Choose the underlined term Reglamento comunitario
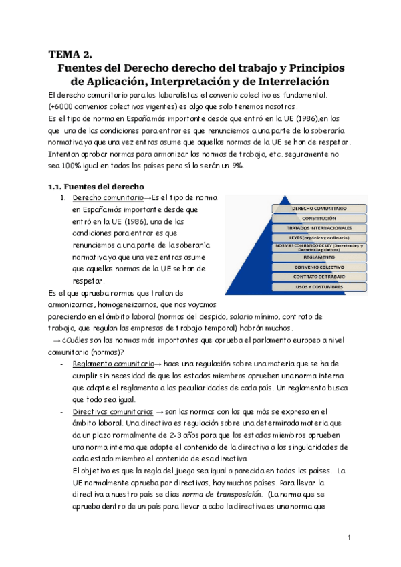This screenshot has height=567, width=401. tap(111, 363)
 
